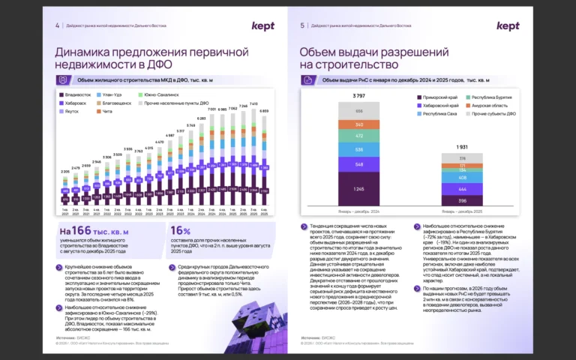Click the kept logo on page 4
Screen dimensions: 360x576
(x=262, y=26)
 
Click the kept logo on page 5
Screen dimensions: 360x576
(x=508, y=26)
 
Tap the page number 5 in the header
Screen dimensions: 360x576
(x=302, y=25)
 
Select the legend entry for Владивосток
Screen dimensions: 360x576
(x=76, y=94)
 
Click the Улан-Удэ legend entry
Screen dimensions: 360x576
(x=114, y=94)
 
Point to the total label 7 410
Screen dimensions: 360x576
(x=253, y=104)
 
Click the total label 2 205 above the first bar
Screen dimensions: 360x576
(x=65, y=172)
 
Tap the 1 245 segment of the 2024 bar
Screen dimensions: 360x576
(x=359, y=188)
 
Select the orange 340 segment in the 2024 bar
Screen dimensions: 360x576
(x=359, y=124)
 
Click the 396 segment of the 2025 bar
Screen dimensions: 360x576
(x=462, y=200)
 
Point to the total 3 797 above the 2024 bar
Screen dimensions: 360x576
(x=359, y=97)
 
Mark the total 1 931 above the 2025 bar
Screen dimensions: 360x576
(x=462, y=147)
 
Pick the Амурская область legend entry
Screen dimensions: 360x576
(x=491, y=106)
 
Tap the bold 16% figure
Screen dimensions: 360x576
(x=181, y=231)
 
